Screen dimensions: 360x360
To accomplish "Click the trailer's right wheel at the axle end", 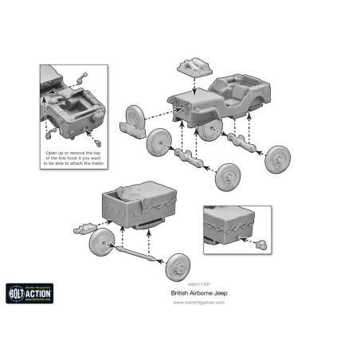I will click(x=177, y=266).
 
